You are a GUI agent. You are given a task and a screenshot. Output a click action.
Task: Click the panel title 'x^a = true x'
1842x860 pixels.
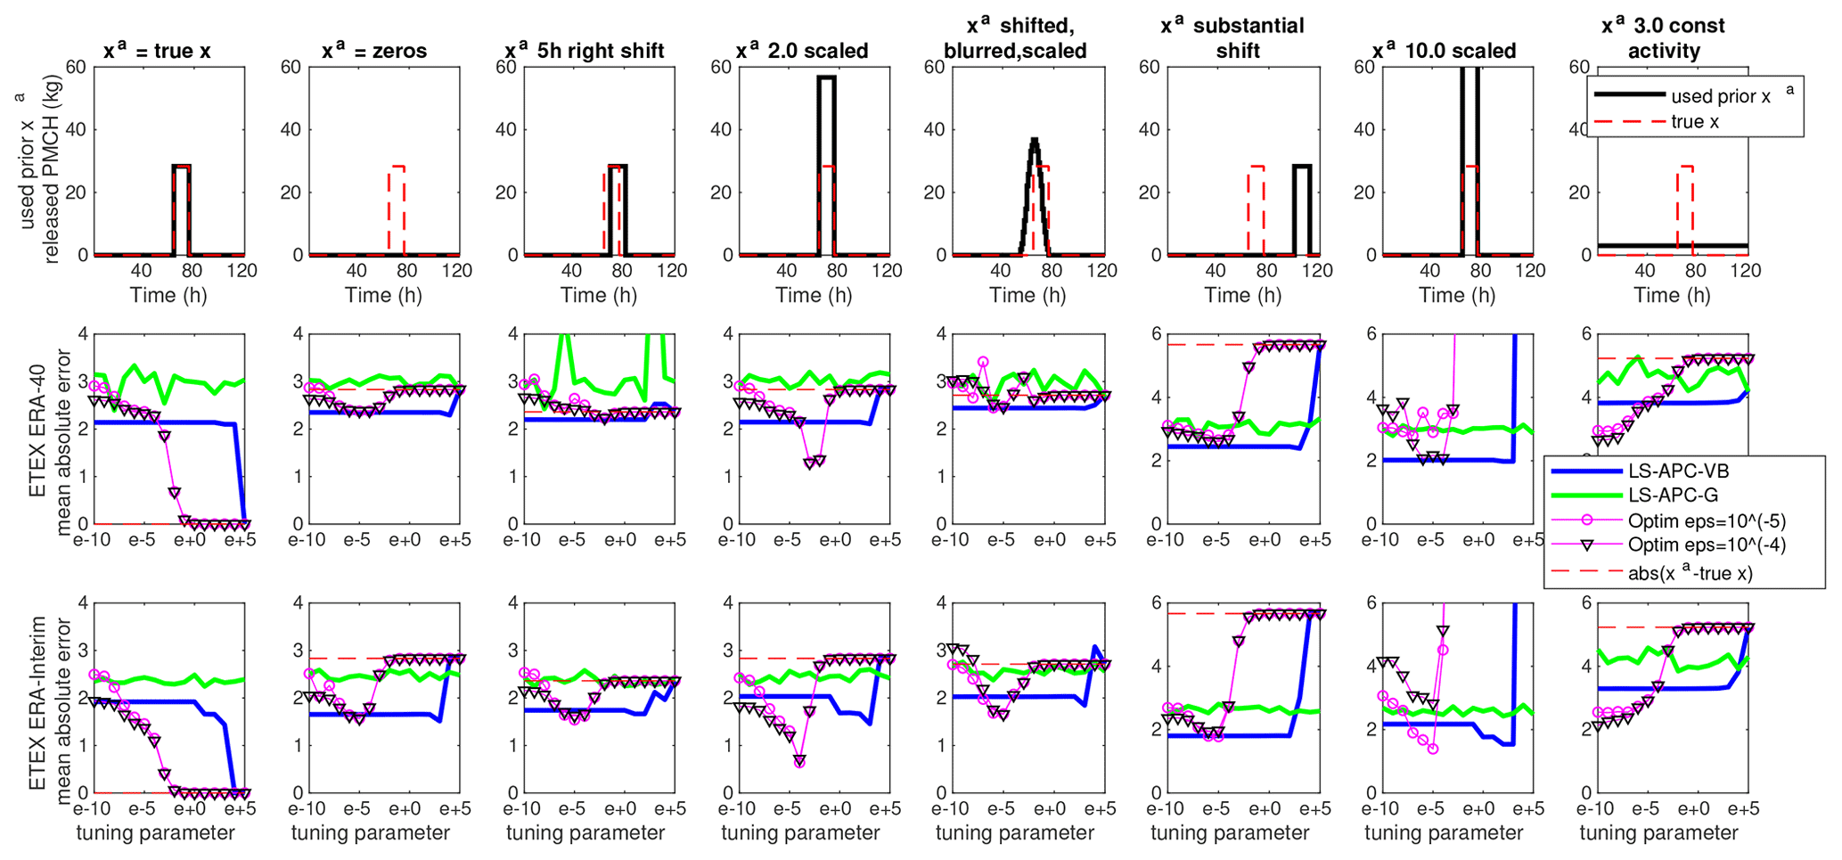click(157, 51)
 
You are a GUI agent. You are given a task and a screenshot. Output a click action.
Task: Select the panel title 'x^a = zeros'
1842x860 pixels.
click(374, 51)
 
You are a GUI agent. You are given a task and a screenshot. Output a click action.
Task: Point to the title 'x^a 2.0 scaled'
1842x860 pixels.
click(802, 51)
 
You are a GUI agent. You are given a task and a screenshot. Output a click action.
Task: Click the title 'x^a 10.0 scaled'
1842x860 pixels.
click(1447, 51)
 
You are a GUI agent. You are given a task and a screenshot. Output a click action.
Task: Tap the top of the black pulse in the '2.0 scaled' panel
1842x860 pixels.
click(826, 78)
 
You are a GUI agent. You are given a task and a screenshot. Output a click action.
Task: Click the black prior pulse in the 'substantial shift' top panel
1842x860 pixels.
click(1302, 167)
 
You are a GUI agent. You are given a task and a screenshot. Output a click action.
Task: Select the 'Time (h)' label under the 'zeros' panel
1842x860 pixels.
click(383, 295)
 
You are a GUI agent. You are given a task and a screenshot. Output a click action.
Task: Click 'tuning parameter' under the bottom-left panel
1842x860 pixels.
click(155, 833)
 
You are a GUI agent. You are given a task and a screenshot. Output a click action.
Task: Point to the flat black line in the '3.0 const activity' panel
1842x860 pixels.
click(1631, 245)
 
